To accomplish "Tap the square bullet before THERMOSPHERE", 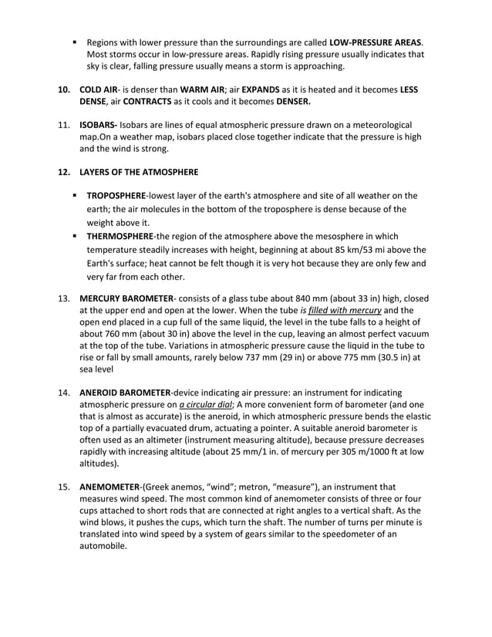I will [x=76, y=235].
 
